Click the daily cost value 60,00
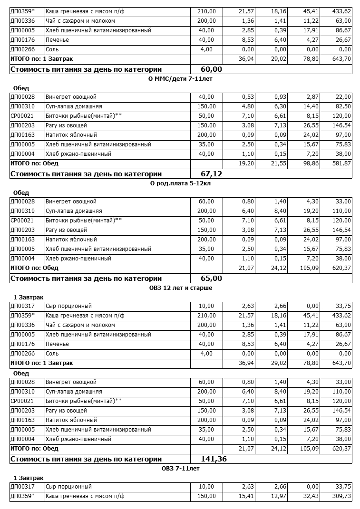pos(211,69)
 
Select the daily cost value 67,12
pos(211,173)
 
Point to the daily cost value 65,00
pos(211,278)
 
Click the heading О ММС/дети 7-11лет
pos(180,78)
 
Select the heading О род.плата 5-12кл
pos(180,183)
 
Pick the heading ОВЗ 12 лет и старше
pos(180,288)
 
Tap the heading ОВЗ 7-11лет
pos(180,468)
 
